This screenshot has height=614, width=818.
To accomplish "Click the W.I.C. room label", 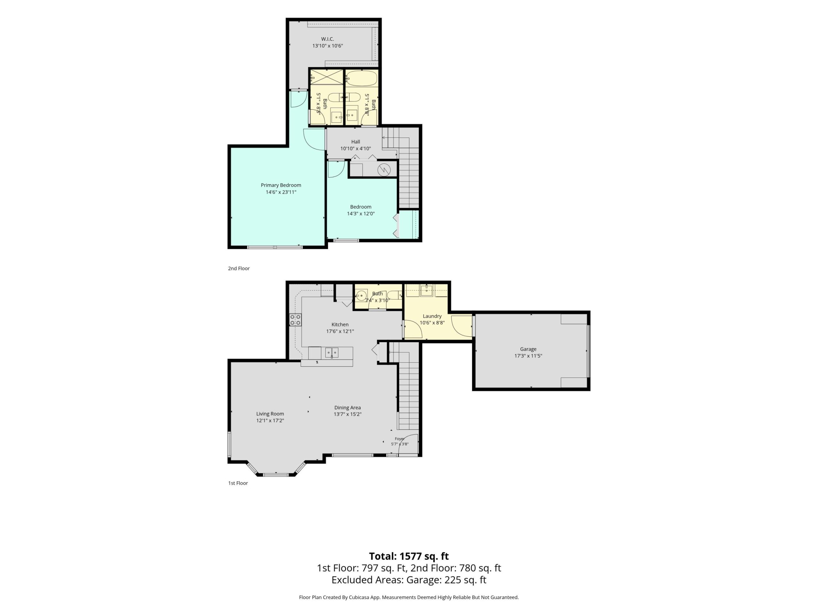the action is click(327, 39).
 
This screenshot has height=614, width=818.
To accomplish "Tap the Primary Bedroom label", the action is click(281, 185).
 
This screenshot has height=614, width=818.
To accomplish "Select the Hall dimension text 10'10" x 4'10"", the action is click(355, 148).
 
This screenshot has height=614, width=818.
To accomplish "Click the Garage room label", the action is click(528, 349).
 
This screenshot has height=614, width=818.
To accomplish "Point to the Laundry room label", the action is click(432, 316).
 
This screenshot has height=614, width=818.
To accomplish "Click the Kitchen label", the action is click(340, 325).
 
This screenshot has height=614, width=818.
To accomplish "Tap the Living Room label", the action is click(270, 414).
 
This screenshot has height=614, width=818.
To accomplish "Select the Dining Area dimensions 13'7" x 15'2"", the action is click(348, 414).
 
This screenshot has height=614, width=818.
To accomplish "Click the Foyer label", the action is click(399, 438).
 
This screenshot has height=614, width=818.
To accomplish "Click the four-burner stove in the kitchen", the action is click(295, 320).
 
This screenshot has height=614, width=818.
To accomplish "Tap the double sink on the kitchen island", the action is click(332, 352).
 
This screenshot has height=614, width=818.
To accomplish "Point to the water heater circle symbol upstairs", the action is click(384, 170).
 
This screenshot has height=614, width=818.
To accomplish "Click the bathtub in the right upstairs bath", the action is click(361, 78).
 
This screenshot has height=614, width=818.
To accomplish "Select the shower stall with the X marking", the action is click(327, 77).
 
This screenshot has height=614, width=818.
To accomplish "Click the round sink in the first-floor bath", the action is click(361, 296).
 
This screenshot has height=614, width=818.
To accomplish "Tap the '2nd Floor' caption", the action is click(239, 268).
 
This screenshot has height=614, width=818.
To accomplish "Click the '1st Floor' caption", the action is click(238, 483).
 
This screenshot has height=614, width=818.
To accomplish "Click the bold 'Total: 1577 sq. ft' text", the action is click(409, 556).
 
